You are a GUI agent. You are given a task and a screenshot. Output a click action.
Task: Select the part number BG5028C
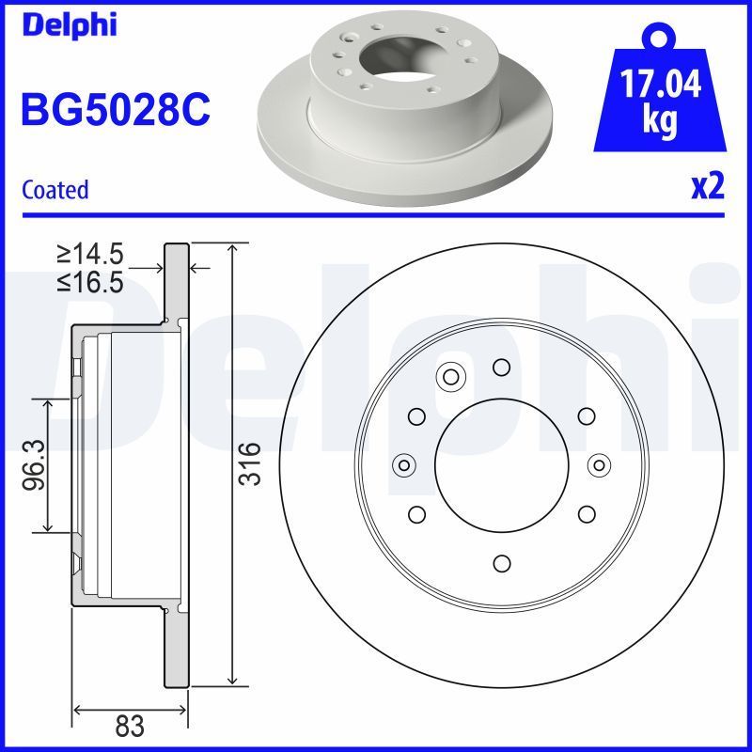click(115, 110)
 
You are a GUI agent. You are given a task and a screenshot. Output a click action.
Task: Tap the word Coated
click(55, 190)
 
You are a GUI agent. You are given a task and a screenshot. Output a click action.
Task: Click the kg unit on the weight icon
click(659, 122)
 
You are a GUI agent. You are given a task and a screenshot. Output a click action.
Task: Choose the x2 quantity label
click(708, 188)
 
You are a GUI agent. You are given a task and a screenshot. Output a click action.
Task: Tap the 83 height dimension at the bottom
click(130, 726)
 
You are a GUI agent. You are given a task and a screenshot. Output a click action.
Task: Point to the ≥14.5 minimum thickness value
click(90, 254)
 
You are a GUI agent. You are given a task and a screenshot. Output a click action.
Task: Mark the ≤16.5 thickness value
click(90, 282)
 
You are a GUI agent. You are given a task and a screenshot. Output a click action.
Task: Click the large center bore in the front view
click(501, 463)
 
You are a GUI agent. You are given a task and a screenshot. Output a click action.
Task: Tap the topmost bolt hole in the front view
click(501, 366)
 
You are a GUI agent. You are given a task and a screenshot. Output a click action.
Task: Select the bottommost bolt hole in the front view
click(501, 562)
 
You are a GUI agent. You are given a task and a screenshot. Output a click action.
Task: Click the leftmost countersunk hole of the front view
click(404, 464)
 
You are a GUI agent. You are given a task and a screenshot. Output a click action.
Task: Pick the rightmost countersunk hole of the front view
click(599, 464)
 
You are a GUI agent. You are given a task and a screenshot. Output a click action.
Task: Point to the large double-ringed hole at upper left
click(450, 378)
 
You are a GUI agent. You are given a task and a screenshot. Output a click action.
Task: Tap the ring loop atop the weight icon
click(660, 39)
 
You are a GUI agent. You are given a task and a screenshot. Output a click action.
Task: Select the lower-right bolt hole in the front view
click(586, 513)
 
